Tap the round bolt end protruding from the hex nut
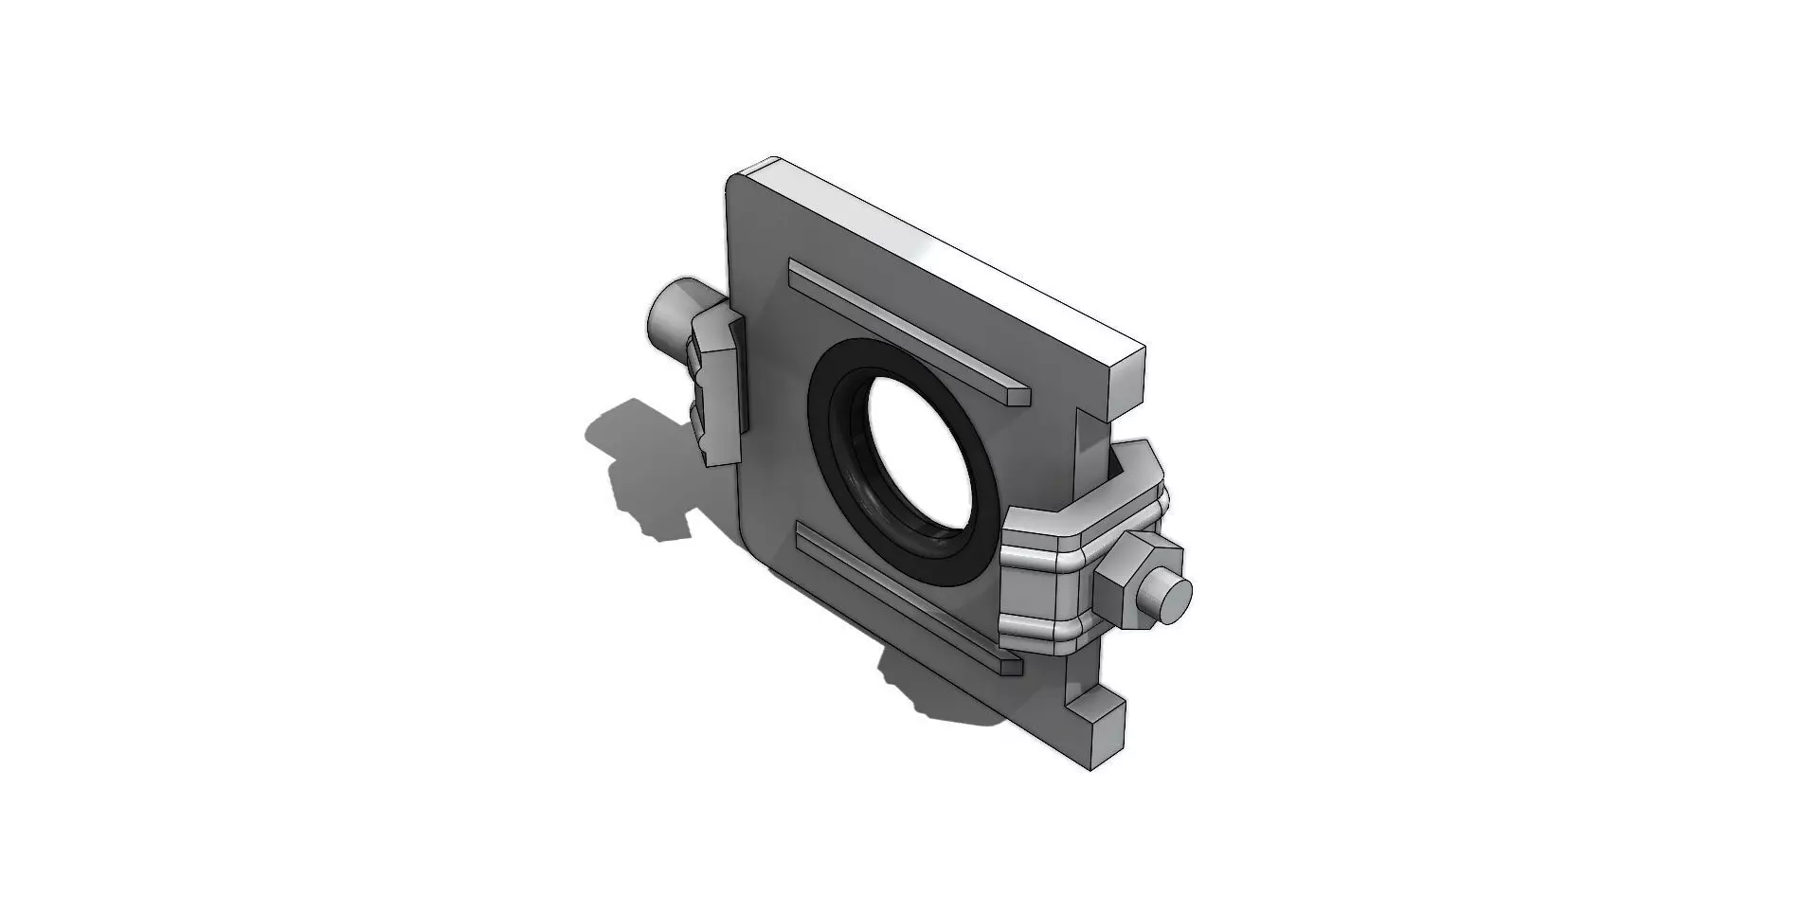(1174, 598)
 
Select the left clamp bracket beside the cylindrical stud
(718, 388)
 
